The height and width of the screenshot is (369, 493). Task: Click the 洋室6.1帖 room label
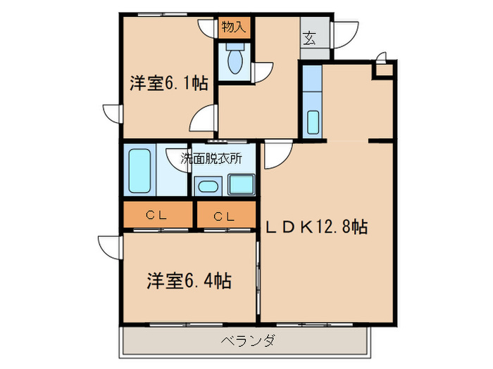pyautogui.click(x=168, y=83)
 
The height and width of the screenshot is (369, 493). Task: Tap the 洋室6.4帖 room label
pyautogui.click(x=189, y=282)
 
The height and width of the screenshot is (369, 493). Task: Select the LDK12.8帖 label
pyautogui.click(x=316, y=228)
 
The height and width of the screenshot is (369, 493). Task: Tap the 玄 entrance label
pyautogui.click(x=310, y=39)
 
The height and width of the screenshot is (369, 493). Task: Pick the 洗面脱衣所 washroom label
pyautogui.click(x=212, y=158)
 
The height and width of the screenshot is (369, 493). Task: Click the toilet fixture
pyautogui.click(x=234, y=62)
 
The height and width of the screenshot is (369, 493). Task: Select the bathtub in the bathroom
pyautogui.click(x=142, y=171)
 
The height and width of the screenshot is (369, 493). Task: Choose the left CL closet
pyautogui.click(x=156, y=216)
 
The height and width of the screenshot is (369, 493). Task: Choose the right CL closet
pyautogui.click(x=225, y=216)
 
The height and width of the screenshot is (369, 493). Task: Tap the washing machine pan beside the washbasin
pyautogui.click(x=242, y=186)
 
